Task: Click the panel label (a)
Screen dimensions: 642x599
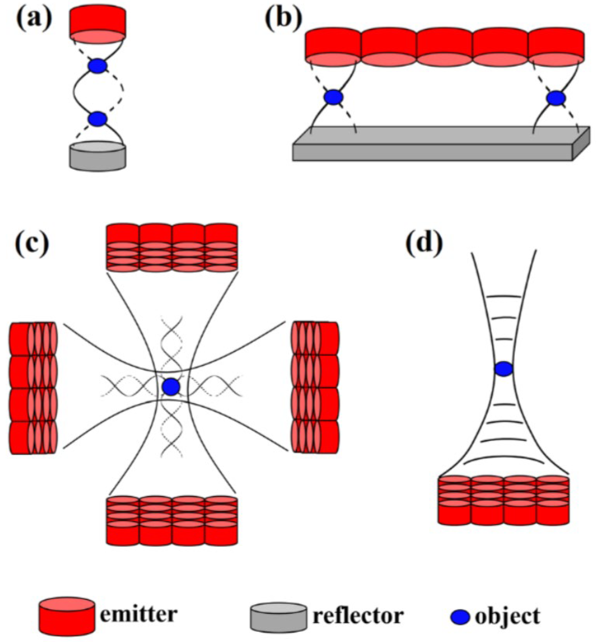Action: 34,19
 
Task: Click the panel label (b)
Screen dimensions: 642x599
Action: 283,19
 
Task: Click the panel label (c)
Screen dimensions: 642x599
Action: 32,243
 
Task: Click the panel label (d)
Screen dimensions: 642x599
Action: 424,243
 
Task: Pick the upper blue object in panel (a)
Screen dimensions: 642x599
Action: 97,66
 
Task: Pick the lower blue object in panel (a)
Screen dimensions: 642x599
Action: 97,119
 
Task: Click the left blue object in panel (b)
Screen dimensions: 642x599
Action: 333,97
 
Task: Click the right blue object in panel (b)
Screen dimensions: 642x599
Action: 556,98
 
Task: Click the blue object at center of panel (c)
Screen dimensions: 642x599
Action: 171,387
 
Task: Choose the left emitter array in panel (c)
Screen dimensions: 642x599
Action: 33,388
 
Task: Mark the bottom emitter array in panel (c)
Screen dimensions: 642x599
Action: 172,521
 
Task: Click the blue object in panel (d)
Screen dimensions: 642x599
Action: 504,368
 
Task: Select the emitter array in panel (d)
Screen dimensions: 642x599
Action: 504,500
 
